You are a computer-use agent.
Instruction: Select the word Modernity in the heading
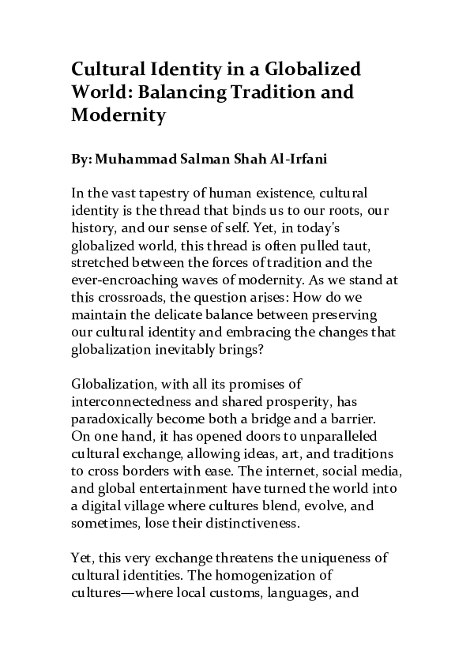tap(118, 115)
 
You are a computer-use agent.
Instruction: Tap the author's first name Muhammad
tap(131, 158)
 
